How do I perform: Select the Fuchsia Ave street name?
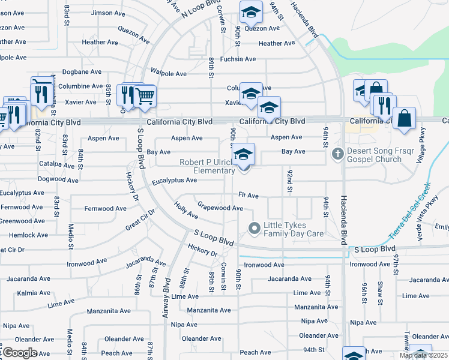click(x=238, y=59)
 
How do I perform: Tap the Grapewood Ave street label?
click(x=220, y=208)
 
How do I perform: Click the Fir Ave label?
click(x=248, y=195)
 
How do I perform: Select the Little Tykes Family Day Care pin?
click(x=254, y=227)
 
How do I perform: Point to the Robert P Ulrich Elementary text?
click(x=207, y=166)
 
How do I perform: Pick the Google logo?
click(x=19, y=352)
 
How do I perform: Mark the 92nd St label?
click(x=289, y=180)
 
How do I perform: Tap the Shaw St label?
click(x=380, y=292)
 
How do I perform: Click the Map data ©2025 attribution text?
click(x=423, y=355)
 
